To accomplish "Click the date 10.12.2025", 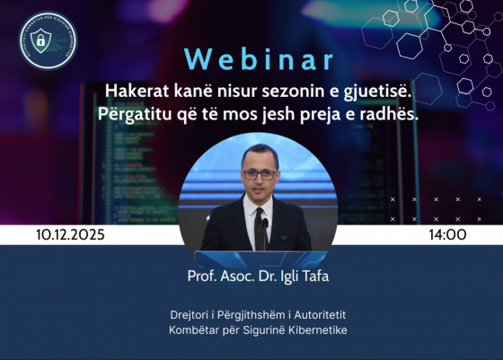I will [x=71, y=234].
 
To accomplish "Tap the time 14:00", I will [x=448, y=234].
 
